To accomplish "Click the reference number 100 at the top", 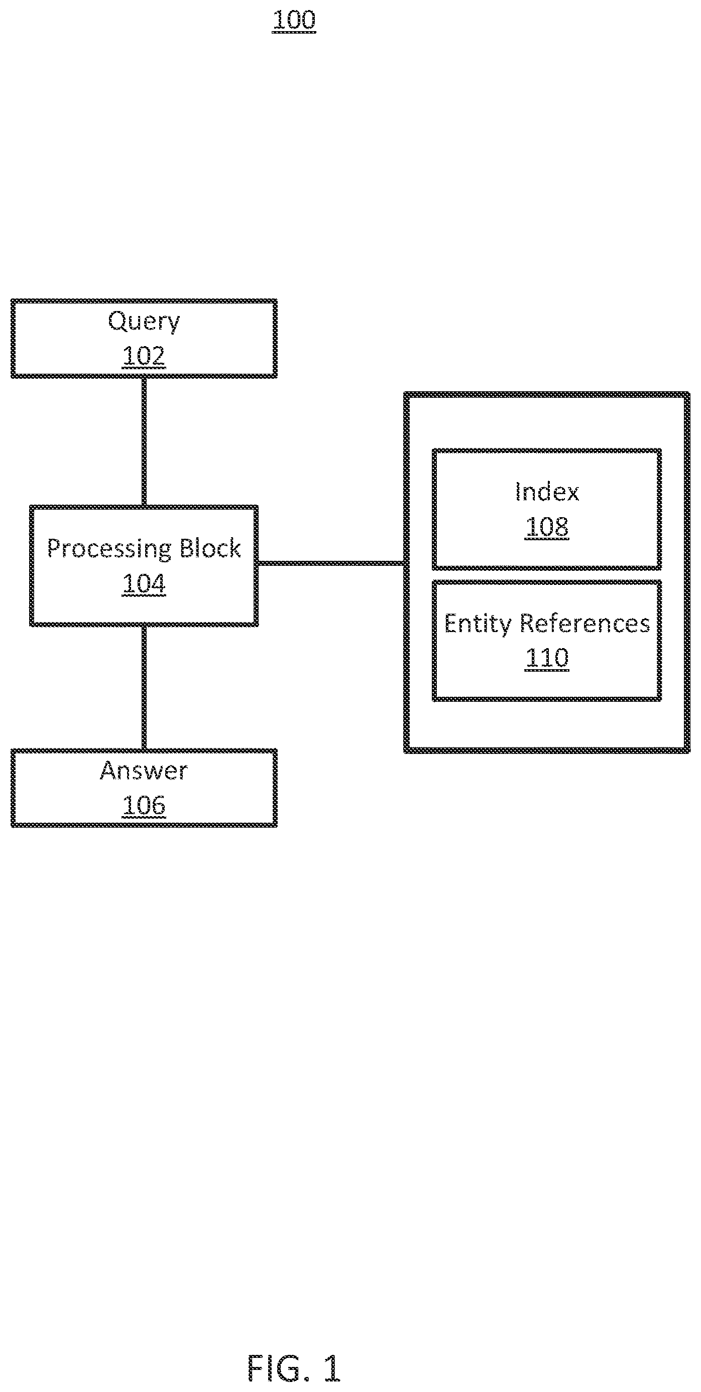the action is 294,20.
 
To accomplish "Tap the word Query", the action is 144,322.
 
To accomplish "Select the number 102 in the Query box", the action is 144,356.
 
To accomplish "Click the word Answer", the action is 144,770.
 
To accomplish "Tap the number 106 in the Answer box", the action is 144,805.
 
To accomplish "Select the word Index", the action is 547,492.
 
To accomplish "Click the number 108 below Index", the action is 547,526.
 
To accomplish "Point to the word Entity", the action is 478,625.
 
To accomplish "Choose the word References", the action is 585,624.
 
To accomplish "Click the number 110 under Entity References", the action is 547,658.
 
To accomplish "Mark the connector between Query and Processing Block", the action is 144,441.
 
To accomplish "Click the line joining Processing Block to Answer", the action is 144,687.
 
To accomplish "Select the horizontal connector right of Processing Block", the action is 331,563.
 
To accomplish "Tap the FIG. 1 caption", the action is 294,1369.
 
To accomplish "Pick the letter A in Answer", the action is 109,770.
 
